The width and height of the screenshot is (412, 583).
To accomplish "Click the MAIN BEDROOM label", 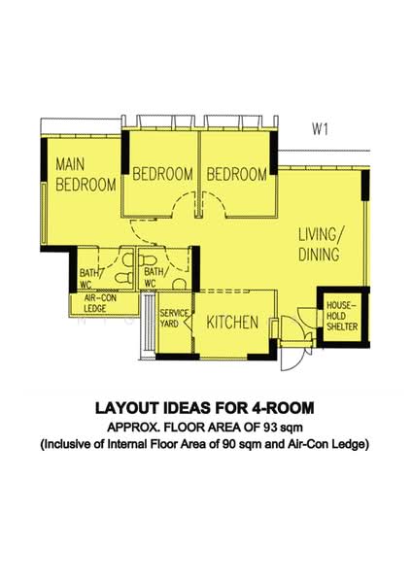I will [x=86, y=173].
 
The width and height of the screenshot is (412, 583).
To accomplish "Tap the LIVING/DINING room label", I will [x=319, y=245].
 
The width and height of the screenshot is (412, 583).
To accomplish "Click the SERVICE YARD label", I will [x=173, y=320].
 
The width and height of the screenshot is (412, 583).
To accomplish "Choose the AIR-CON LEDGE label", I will [x=95, y=302].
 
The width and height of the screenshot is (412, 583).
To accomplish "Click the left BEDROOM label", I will [x=162, y=175].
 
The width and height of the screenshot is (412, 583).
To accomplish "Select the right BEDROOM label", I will [x=236, y=175].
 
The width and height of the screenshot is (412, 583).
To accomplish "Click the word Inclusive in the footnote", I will [x=69, y=445].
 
